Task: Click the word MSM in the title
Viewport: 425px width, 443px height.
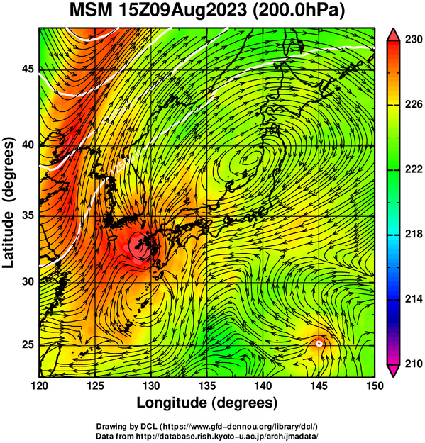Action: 91,11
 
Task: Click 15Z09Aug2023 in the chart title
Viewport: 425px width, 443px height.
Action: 183,11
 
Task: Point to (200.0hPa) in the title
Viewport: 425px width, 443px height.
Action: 299,11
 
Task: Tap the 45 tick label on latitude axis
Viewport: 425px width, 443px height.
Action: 28,69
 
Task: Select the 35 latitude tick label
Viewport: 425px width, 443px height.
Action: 28,216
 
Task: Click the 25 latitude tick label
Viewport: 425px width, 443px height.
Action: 28,344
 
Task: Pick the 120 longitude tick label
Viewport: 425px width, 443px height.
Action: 40,386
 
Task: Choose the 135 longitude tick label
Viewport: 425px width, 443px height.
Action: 207,386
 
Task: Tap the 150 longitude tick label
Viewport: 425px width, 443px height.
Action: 374,386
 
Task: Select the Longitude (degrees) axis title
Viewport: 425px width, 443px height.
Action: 207,403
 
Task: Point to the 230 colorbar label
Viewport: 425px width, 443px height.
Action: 414,40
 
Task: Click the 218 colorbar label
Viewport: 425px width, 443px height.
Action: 414,234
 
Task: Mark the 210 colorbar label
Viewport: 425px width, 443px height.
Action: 414,364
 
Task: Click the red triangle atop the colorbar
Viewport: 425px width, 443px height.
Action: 394,35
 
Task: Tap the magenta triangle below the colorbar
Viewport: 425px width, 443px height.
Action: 394,371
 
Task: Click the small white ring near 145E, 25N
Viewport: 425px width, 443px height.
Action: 319,343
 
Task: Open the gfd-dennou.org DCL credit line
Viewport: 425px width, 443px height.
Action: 207,426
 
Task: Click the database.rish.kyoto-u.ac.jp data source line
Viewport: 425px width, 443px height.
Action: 207,436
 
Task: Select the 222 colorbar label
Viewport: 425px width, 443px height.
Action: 414,169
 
